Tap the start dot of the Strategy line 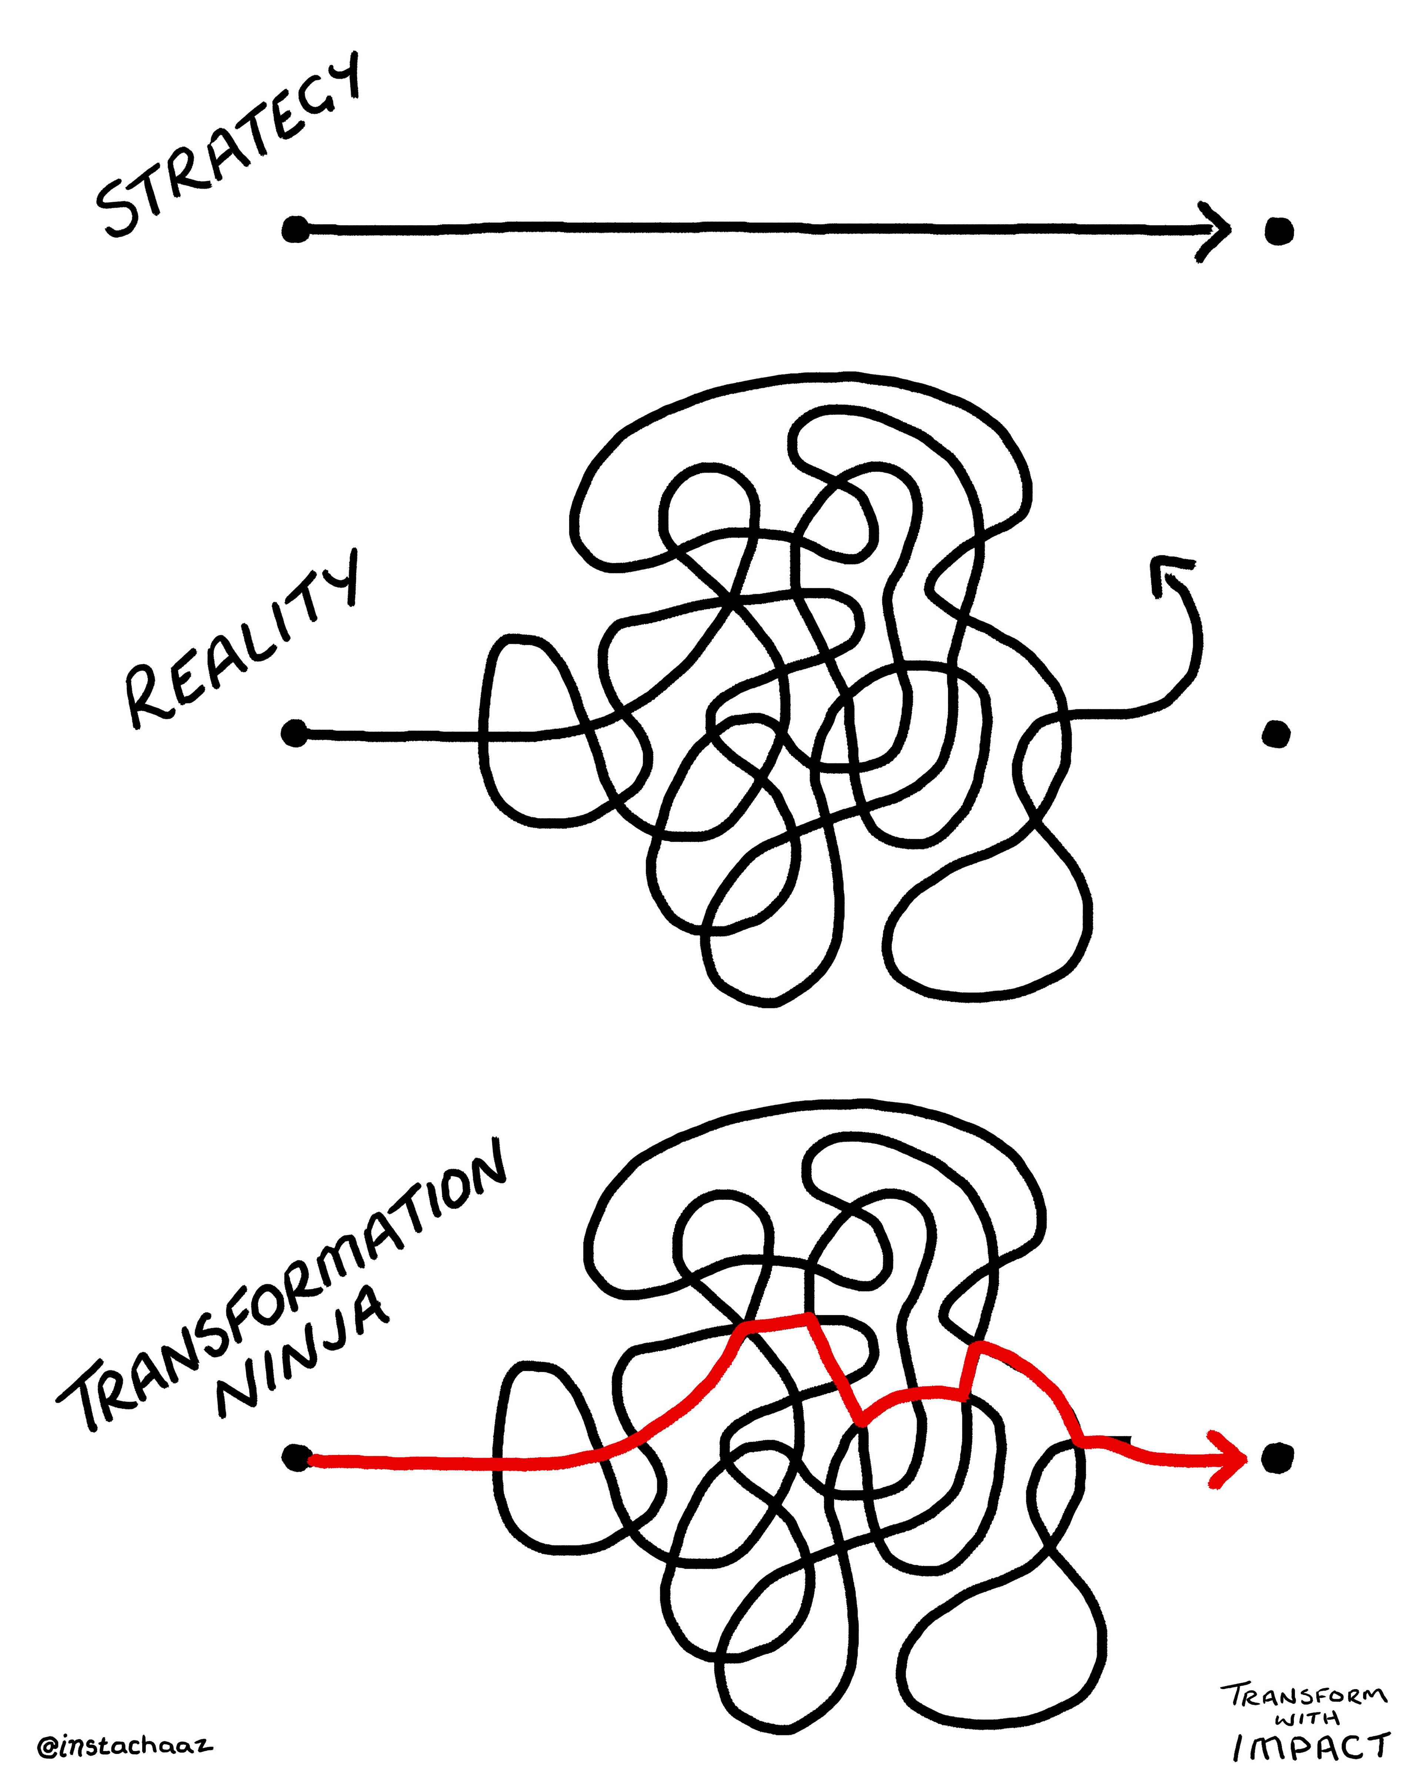pos(295,229)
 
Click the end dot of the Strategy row pos(1279,232)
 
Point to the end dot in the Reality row pos(1276,733)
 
